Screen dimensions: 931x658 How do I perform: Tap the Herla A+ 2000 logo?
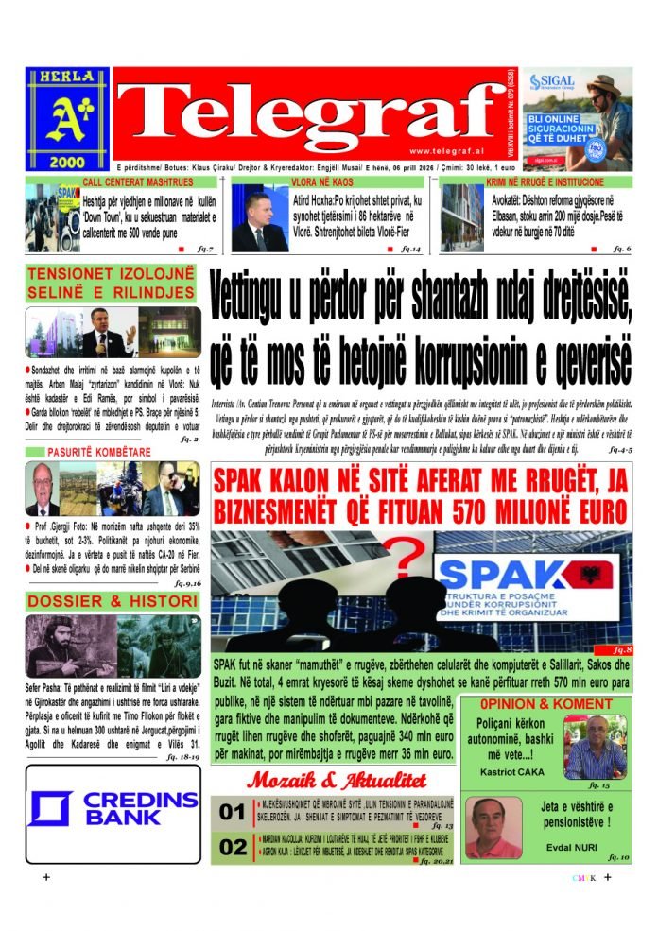[67, 118]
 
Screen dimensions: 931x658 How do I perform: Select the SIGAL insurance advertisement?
[578, 118]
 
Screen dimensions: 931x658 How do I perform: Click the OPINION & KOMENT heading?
[545, 704]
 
